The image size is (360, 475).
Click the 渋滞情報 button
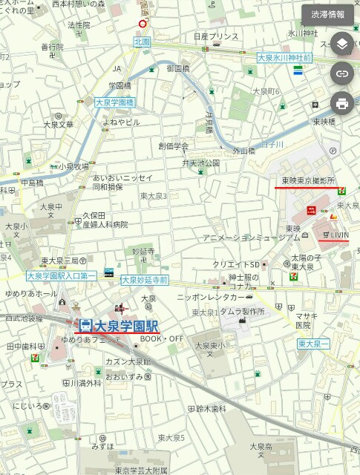(327, 14)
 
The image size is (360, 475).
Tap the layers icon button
(341, 44)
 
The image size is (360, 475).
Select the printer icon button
(341, 103)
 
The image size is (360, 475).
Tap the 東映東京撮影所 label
(308, 181)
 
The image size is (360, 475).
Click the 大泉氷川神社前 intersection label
(284, 57)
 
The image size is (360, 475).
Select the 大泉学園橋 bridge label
(114, 103)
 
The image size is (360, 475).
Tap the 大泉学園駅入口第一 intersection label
(62, 275)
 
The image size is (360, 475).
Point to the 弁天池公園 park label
(201, 163)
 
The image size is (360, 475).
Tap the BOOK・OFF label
(162, 339)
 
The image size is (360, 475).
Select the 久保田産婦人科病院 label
(100, 220)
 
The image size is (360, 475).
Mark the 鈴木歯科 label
(211, 408)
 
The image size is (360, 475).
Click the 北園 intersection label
(142, 42)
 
